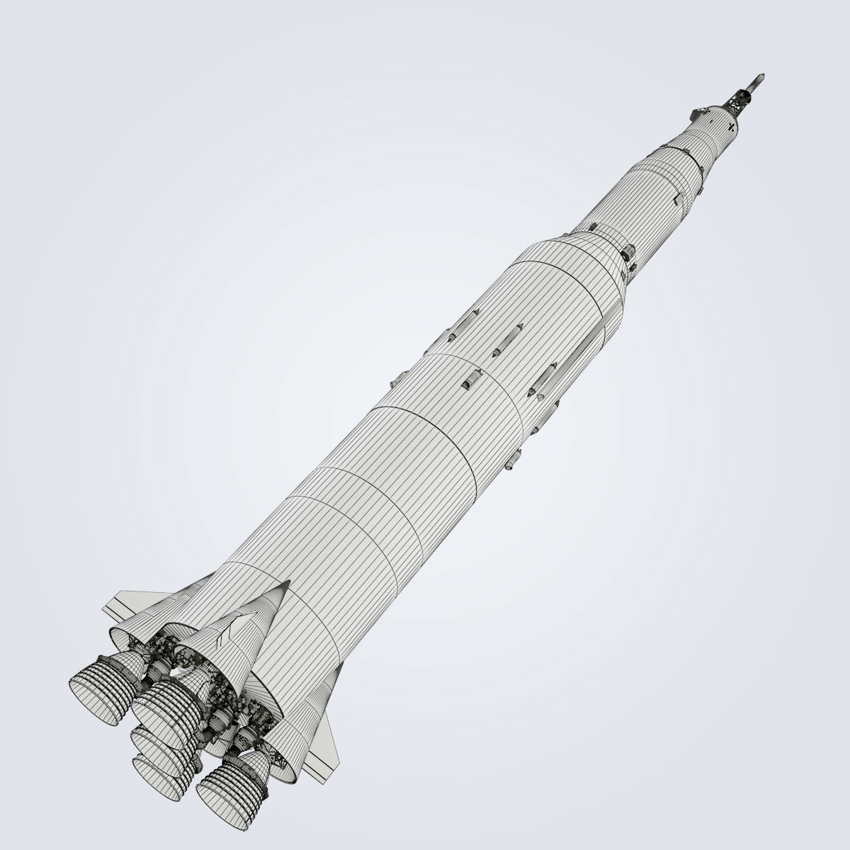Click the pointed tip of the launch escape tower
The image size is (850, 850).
pos(763,73)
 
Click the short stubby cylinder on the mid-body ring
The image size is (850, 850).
pos(470,381)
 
